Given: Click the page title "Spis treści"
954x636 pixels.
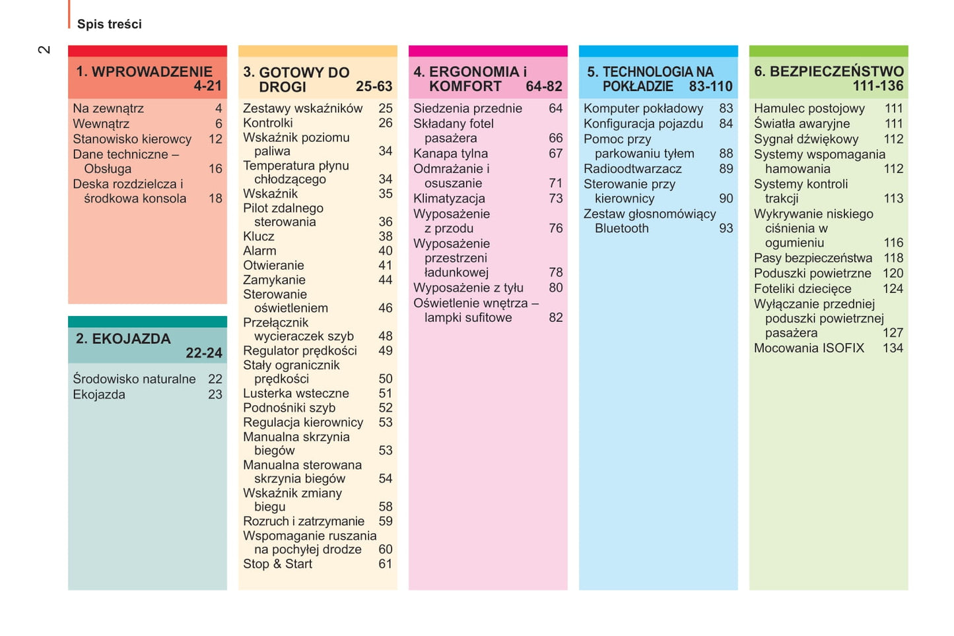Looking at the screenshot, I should tap(109, 24).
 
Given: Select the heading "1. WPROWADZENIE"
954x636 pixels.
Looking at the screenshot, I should tap(144, 71).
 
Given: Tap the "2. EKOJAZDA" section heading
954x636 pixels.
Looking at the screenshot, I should tap(123, 338).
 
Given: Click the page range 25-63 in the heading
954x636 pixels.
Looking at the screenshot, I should tap(374, 86).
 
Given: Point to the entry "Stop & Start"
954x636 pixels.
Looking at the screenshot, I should tap(277, 564).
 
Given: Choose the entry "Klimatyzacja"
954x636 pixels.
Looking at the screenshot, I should tap(449, 199).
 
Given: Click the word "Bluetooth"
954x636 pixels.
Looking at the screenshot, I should tap(621, 228).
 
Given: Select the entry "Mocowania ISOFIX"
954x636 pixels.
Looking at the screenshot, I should tap(809, 348).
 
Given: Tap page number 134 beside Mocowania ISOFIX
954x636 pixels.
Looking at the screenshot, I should tap(893, 348).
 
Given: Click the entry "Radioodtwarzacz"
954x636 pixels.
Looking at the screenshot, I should tap(632, 169).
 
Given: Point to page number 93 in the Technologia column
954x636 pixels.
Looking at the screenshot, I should tap(726, 228).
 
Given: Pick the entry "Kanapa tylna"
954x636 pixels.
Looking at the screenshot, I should tap(450, 154).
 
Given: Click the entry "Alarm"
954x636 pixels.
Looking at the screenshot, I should tap(259, 251).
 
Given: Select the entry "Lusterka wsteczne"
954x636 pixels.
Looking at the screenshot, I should tap(296, 393).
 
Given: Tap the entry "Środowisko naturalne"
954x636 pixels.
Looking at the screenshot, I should tap(134, 379).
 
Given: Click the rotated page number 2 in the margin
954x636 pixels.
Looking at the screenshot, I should tap(44, 49).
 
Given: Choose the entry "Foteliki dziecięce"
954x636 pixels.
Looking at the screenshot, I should tap(802, 288).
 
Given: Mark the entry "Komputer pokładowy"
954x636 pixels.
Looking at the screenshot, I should tap(643, 108).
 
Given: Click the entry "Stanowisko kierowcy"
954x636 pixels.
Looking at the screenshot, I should tap(132, 139).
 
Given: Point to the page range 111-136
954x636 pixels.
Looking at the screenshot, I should tap(877, 86).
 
